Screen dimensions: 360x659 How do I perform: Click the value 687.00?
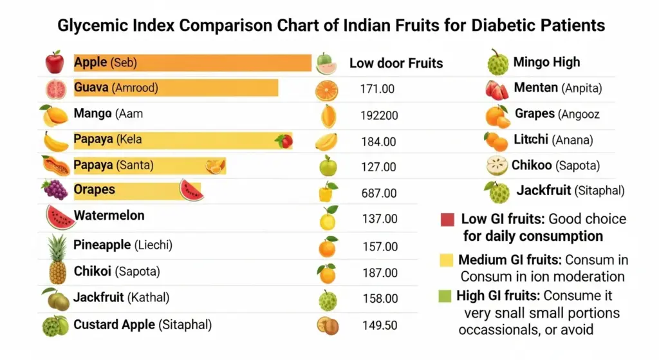(379, 193)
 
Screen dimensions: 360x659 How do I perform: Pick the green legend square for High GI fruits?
(444, 296)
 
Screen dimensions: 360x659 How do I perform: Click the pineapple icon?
(57, 258)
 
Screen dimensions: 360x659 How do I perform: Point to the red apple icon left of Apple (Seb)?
(54, 62)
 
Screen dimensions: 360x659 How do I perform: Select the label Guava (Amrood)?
(116, 88)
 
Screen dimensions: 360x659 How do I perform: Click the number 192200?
(379, 116)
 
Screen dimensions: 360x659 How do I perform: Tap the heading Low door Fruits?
(396, 63)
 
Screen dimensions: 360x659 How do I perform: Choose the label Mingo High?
(546, 62)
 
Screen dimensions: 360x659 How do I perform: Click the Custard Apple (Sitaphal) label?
(142, 325)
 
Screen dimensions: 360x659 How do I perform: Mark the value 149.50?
(378, 325)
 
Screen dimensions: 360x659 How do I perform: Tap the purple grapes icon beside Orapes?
(55, 189)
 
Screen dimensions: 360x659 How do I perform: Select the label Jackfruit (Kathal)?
(121, 298)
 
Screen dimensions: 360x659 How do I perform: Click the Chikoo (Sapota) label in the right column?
(555, 166)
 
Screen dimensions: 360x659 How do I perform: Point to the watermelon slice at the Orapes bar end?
(191, 190)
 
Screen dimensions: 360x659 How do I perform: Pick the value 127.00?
(379, 167)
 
